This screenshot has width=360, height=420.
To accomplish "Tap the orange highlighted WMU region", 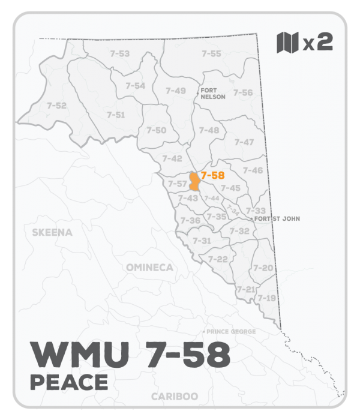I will tap(194, 181).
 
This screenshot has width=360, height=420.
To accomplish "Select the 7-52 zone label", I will tap(56, 105).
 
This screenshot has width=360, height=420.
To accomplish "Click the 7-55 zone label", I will tap(211, 54).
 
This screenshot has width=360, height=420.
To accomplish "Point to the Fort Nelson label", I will tap(213, 94).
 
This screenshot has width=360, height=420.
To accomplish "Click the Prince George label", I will tap(231, 331).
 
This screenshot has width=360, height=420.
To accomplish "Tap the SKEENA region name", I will tap(52, 232).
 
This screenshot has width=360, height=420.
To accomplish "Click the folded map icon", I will tap(287, 43).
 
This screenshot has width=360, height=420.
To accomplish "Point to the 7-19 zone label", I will tap(266, 298).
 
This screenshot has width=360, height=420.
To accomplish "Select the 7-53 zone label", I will tap(120, 54).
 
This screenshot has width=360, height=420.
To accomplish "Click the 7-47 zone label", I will tap(244, 142).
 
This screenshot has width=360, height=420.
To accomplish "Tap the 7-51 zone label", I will tap(116, 115).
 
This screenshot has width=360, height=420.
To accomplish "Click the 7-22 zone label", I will tap(218, 259).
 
